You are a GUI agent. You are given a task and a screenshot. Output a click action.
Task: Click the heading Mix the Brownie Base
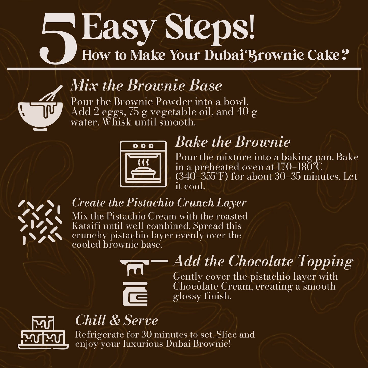146,86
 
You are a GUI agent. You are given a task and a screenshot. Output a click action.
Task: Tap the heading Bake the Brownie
233,142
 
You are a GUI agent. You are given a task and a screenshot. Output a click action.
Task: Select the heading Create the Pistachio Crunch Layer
159,203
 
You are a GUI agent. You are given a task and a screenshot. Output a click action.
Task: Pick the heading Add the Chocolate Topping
263,261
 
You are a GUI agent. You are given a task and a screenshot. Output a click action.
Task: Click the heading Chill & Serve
117,320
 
